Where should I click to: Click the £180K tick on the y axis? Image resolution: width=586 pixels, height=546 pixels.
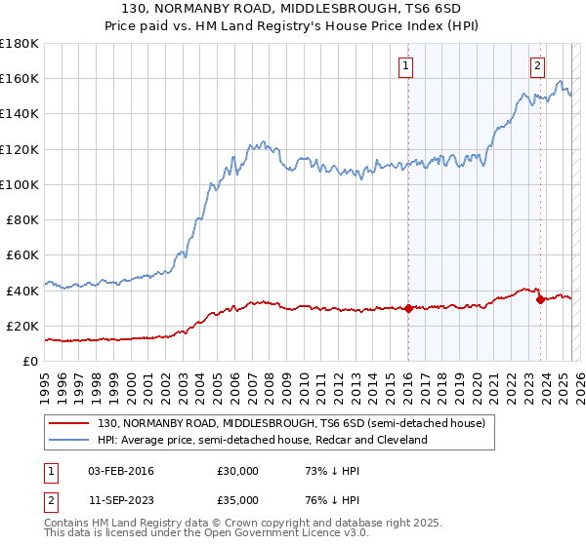pos(20,44)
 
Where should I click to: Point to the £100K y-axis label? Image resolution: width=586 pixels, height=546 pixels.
pos(20,184)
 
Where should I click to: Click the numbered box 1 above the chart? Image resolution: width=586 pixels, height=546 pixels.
pos(405,66)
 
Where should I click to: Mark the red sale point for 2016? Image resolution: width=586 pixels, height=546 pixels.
pos(408,308)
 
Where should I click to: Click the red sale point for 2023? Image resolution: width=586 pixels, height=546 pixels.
pos(540,299)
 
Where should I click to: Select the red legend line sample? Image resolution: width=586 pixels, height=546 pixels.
pos(69,423)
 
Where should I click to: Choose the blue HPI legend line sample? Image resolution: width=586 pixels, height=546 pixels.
pos(69,440)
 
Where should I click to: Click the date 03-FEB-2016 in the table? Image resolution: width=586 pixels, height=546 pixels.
pos(121,471)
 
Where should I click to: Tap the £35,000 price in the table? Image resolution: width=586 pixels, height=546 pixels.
pos(237,498)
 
